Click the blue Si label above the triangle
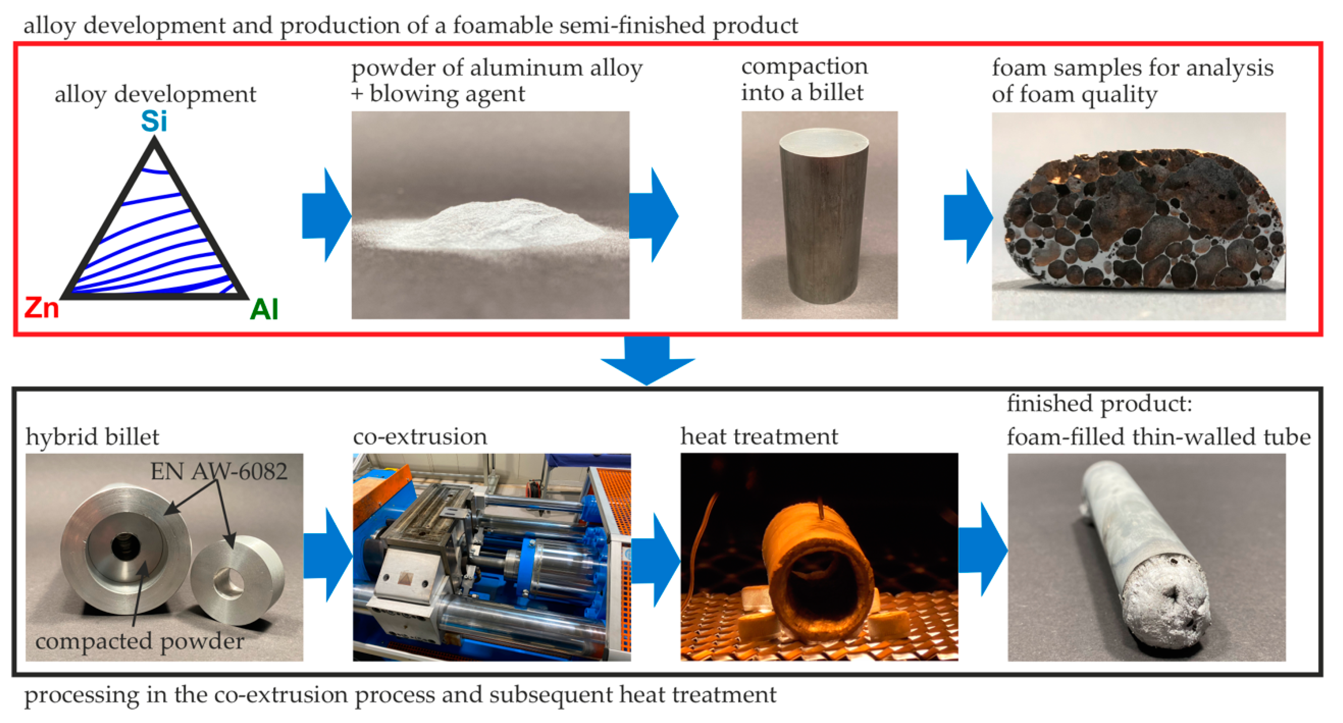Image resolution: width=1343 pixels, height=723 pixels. click(154, 122)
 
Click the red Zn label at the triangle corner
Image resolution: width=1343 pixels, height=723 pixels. click(42, 308)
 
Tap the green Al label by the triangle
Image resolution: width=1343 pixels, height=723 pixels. click(264, 310)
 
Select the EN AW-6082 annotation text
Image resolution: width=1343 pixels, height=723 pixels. click(219, 472)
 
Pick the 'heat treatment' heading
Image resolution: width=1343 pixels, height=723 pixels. click(759, 436)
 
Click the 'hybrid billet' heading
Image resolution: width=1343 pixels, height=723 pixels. click(92, 437)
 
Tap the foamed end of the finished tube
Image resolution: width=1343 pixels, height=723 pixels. click(1167, 607)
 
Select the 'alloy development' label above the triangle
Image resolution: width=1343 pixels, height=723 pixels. click(155, 95)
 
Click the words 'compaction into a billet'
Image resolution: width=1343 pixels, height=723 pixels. click(804, 80)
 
